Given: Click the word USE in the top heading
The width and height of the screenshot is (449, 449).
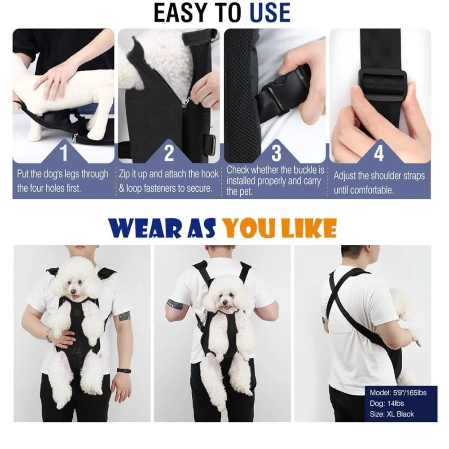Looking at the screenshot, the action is pos(270,13).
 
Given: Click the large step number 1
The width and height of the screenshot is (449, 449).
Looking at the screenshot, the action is pos(64,153).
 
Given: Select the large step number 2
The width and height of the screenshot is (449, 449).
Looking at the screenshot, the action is pos(169,153).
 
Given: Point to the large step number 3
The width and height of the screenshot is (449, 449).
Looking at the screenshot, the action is pos(276,153).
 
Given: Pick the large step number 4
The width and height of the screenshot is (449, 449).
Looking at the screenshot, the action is pos(379,153).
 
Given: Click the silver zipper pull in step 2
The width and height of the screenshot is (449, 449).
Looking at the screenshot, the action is pos(186,101).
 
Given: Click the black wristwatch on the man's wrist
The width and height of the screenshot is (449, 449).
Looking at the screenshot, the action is pos(124,370).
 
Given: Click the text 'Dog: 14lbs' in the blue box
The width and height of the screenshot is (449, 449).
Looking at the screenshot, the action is pos(387,404).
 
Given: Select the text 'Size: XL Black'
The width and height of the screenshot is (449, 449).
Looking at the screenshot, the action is pos(392,414).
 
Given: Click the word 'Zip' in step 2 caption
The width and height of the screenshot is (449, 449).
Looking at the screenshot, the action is pos(124,174).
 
